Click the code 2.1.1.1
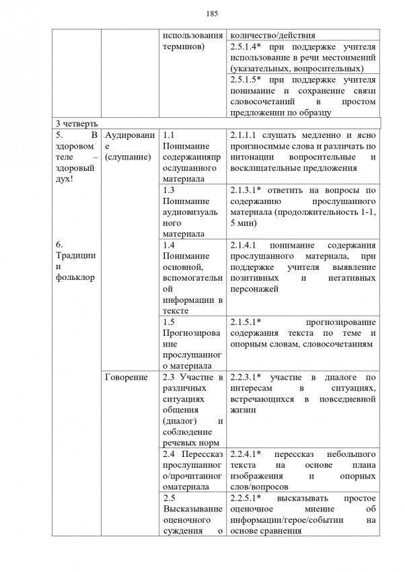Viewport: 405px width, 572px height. (245, 135)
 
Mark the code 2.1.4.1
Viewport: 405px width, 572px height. (245, 246)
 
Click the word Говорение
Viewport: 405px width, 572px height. (126, 378)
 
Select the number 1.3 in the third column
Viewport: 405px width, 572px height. (169, 190)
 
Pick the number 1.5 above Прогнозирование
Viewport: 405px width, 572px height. (169, 322)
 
